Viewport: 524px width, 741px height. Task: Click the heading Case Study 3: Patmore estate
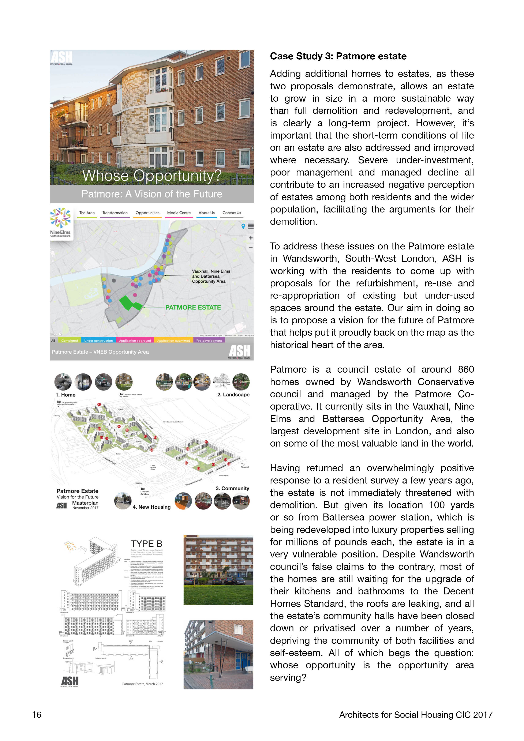point(338,56)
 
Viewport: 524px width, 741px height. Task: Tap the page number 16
point(37,715)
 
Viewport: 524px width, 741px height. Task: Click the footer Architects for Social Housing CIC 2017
point(416,715)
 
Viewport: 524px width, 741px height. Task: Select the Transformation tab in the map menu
point(115,213)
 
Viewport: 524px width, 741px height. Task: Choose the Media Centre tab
point(179,213)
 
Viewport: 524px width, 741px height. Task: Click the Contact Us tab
point(232,213)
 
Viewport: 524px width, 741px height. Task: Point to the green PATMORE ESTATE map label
point(193,308)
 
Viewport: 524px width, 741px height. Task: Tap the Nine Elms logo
point(60,223)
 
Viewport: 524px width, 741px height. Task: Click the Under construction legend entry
point(98,341)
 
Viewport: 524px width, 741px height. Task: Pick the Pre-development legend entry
point(209,341)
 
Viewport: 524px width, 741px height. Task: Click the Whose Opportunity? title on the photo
point(152,176)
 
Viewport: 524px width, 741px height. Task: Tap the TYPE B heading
point(146,544)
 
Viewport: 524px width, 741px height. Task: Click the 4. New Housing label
point(151,507)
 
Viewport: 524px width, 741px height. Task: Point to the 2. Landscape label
point(233,395)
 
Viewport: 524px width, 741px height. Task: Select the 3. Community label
point(232,488)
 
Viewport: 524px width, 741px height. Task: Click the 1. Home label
point(65,395)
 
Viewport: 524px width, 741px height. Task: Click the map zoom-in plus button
point(251,238)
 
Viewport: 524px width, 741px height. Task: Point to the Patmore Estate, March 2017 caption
point(142,684)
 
